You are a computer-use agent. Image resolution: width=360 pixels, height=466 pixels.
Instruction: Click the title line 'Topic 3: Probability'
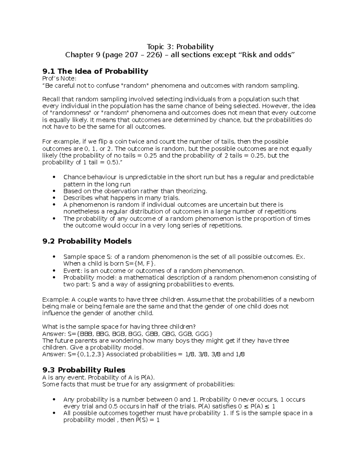click(180, 47)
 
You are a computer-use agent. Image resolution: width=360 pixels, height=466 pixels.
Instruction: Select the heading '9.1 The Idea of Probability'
click(95, 71)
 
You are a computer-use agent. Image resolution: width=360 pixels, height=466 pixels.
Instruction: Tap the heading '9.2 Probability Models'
click(87, 241)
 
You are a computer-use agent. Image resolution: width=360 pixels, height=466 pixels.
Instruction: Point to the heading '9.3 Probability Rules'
click(84, 370)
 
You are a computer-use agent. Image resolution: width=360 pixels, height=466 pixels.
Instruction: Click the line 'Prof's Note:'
click(59, 79)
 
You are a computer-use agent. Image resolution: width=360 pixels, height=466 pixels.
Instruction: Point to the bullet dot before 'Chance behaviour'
click(54, 177)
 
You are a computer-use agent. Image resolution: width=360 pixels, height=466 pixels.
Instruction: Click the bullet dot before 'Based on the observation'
click(54, 191)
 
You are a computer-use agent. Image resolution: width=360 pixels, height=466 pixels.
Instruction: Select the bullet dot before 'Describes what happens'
click(54, 198)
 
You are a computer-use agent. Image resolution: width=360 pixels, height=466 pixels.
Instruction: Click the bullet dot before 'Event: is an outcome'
click(54, 271)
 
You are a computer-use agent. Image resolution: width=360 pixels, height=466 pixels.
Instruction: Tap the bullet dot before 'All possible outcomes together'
click(54, 413)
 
